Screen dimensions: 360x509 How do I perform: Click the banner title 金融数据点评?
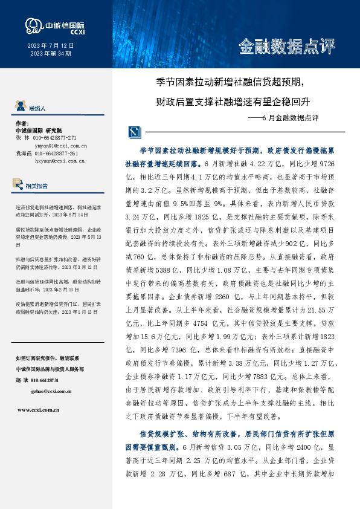pyautogui.click(x=286, y=46)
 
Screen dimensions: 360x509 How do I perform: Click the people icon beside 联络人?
pyautogui.click(x=19, y=108)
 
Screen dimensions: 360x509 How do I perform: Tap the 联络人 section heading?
pyautogui.click(x=37, y=108)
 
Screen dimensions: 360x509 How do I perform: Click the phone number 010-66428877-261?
pyautogui.click(x=56, y=154)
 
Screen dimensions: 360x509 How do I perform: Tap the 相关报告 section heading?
pyautogui.click(x=37, y=186)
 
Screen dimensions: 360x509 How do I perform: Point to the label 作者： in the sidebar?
pyautogui.click(x=22, y=123)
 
